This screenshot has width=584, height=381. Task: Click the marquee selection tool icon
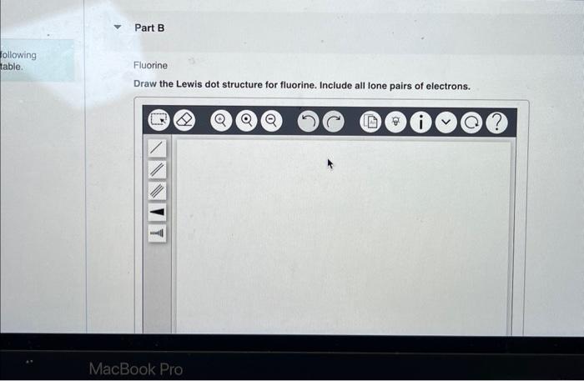tap(158, 122)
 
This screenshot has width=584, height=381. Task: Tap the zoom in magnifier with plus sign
tap(220, 122)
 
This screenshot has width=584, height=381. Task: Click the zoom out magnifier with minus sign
tap(271, 122)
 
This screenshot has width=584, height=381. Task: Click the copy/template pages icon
tap(370, 123)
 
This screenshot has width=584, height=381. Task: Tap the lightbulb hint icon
tap(395, 123)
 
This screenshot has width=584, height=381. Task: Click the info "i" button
tap(420, 123)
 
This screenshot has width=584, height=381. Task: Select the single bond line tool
tap(157, 148)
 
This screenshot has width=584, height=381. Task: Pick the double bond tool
tap(157, 170)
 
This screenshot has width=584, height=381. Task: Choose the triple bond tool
tap(157, 192)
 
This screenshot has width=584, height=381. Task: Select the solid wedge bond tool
tap(157, 213)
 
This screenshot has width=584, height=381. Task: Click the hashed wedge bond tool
tap(157, 234)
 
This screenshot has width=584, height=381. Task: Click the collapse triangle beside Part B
tap(118, 28)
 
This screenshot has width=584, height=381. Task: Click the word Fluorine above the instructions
tap(150, 65)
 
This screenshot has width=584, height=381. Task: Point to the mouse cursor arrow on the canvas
tap(330, 163)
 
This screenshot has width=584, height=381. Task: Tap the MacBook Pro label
tap(135, 368)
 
